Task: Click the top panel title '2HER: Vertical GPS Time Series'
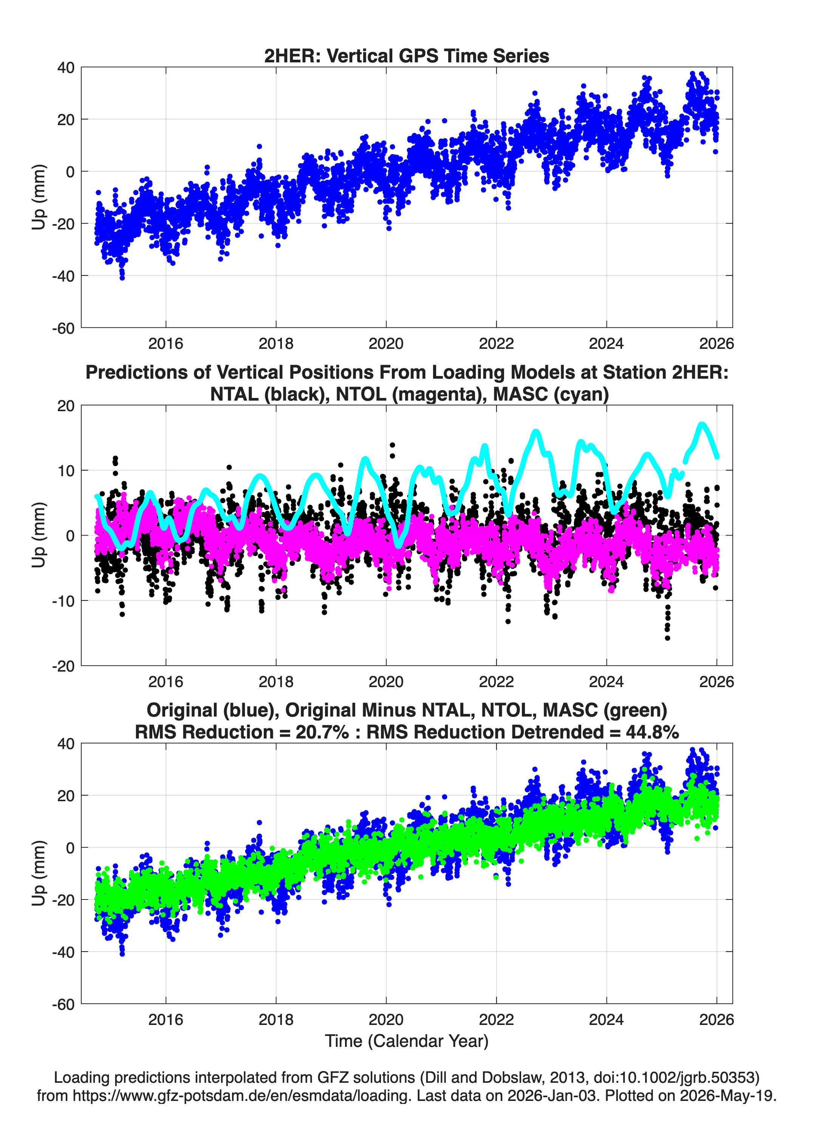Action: (407, 56)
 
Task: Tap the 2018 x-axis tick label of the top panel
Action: (276, 344)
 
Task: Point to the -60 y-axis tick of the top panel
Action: (63, 328)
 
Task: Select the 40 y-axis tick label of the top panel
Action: (66, 68)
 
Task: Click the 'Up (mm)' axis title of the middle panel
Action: (39, 535)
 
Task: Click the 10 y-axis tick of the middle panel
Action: (66, 471)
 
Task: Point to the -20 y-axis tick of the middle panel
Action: (63, 666)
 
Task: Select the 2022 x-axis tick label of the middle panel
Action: (496, 682)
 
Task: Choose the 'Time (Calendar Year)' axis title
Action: (407, 1041)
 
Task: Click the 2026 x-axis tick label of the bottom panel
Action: (716, 1020)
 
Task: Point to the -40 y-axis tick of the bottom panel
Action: (63, 952)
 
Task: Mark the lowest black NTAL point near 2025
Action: (667, 638)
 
